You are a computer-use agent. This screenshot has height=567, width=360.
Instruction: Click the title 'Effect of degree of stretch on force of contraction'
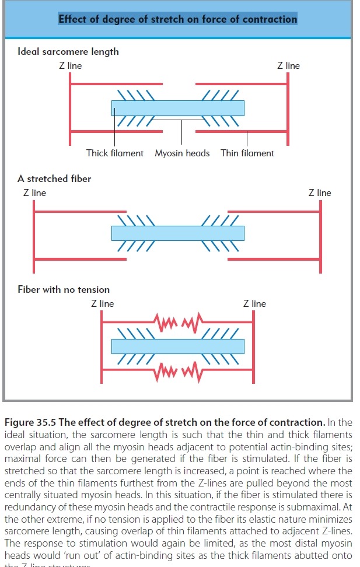[x=177, y=19]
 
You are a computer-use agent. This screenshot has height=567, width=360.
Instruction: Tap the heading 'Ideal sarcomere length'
[x=68, y=51]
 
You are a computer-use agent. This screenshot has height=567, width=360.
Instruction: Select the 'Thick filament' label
[x=114, y=153]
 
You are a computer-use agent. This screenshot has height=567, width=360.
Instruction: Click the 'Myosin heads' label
[x=182, y=153]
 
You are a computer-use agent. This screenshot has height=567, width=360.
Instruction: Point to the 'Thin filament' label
[x=247, y=153]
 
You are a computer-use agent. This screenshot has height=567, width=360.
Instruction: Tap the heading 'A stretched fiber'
[x=54, y=178]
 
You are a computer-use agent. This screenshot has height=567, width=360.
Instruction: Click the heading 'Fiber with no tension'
[x=64, y=289]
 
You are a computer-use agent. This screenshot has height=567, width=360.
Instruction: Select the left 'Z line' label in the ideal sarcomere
[x=71, y=65]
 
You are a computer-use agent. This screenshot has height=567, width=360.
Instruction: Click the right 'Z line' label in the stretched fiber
[x=320, y=192]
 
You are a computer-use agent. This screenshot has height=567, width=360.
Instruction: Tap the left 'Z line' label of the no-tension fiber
[x=103, y=303]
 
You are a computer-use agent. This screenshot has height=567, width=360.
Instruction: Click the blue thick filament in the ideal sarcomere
[x=177, y=108]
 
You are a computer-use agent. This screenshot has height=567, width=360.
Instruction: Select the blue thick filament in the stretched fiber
[x=177, y=233]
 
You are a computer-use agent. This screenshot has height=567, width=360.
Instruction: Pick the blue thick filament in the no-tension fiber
[x=177, y=346]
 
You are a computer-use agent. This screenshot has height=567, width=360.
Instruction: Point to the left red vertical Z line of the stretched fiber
[x=34, y=233]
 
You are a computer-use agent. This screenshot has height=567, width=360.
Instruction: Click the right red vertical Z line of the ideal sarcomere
[x=288, y=108]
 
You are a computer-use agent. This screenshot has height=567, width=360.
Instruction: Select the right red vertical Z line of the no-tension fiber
[x=253, y=346]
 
